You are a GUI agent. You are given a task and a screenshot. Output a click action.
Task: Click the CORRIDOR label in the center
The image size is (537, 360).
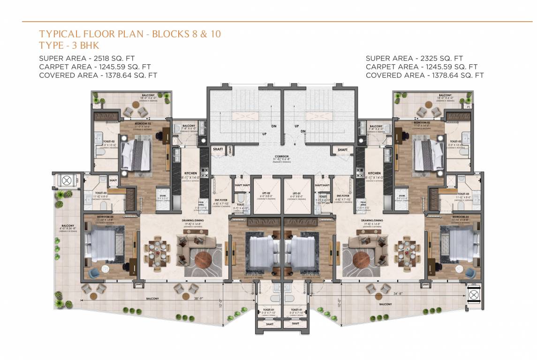click(281, 156)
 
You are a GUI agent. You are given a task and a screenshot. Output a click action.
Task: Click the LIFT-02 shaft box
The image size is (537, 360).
click(266, 194)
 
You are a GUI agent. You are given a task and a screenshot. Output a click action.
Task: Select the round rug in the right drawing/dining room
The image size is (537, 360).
click(362, 260)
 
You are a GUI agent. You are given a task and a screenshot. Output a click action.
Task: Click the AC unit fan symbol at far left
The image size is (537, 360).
click(63, 181)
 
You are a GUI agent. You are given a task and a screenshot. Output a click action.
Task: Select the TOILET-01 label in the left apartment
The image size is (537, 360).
click(269, 310)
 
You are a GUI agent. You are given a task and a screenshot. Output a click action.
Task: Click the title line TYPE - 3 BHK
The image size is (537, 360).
click(70, 45)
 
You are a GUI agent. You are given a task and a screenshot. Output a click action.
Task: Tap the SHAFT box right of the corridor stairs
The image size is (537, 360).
click(342, 150)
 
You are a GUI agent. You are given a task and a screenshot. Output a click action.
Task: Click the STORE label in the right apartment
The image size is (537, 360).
click(401, 195)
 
